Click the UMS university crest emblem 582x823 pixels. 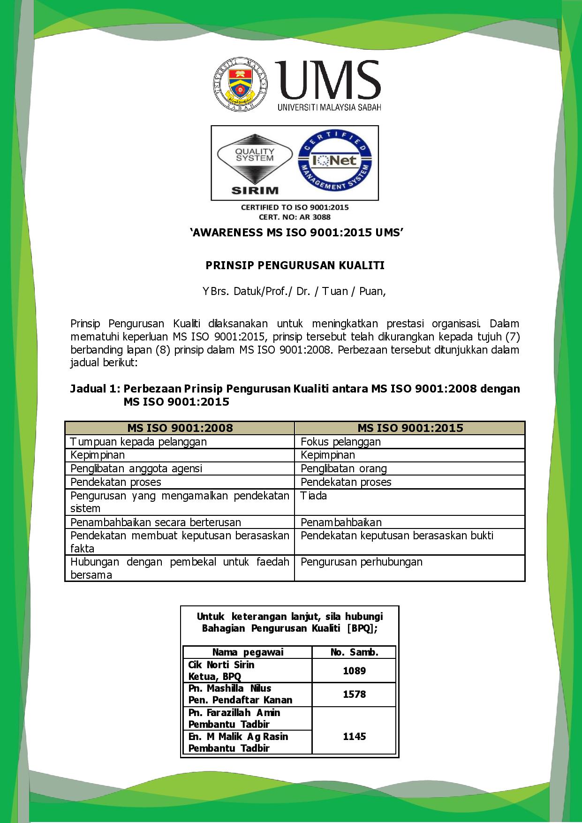pos(241,85)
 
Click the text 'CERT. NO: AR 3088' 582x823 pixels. pos(295,217)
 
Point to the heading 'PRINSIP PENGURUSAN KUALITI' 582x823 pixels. pos(295,266)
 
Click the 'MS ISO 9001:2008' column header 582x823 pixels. pos(180,428)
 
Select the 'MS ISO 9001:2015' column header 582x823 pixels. pos(410,428)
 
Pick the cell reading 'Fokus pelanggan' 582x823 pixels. pos(340,442)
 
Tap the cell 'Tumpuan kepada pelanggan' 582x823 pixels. pos(138,442)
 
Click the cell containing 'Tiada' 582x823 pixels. pos(314,496)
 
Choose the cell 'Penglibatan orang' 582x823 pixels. pos(344,468)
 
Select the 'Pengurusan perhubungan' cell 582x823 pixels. pos(362,562)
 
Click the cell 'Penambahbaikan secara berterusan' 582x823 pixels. pos(156,522)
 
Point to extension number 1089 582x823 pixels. pos(354,671)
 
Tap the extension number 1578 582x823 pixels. pos(354,694)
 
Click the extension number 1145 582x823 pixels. pos(354,736)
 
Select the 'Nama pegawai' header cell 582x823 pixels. pos(248,652)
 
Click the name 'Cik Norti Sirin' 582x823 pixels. pos(221,665)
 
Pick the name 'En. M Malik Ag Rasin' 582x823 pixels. pos(238,736)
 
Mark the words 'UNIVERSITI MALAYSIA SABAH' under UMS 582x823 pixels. pos(329,107)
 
